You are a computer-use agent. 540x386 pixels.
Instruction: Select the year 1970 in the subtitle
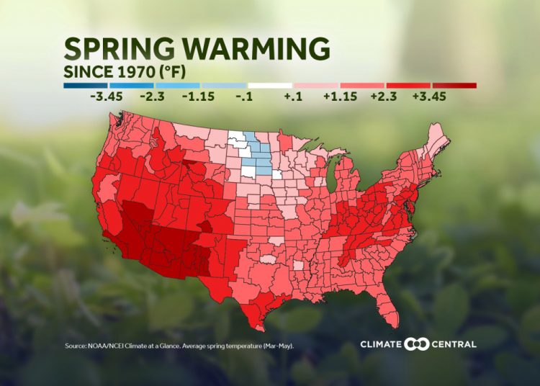tap(135, 72)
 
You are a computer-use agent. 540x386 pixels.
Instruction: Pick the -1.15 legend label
tap(197, 96)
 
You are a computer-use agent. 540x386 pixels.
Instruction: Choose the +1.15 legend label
tap(336, 96)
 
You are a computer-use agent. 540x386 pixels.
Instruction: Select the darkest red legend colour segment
tap(454, 85)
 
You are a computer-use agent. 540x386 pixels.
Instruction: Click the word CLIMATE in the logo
tap(381, 344)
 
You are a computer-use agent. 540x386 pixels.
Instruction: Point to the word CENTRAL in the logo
tap(454, 344)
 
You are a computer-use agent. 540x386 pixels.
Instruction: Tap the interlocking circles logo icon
tap(417, 344)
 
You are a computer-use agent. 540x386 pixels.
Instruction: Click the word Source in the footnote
tap(74, 346)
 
